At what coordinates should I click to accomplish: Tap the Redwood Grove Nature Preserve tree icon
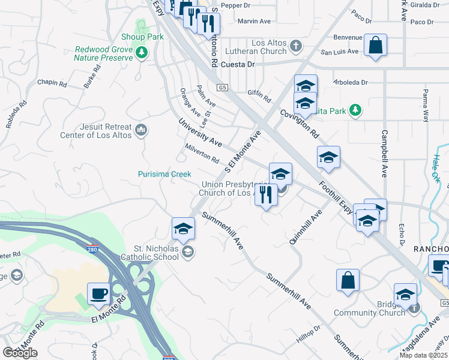[142, 53]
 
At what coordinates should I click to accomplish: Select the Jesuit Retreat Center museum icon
[142, 130]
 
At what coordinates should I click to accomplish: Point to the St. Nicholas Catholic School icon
[188, 251]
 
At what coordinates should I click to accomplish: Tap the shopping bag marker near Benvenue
[375, 45]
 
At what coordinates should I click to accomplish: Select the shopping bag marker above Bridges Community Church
[348, 280]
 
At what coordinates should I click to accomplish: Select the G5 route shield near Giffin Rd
[223, 88]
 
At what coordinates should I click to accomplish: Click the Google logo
[20, 353]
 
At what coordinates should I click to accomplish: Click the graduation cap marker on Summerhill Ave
[183, 228]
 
